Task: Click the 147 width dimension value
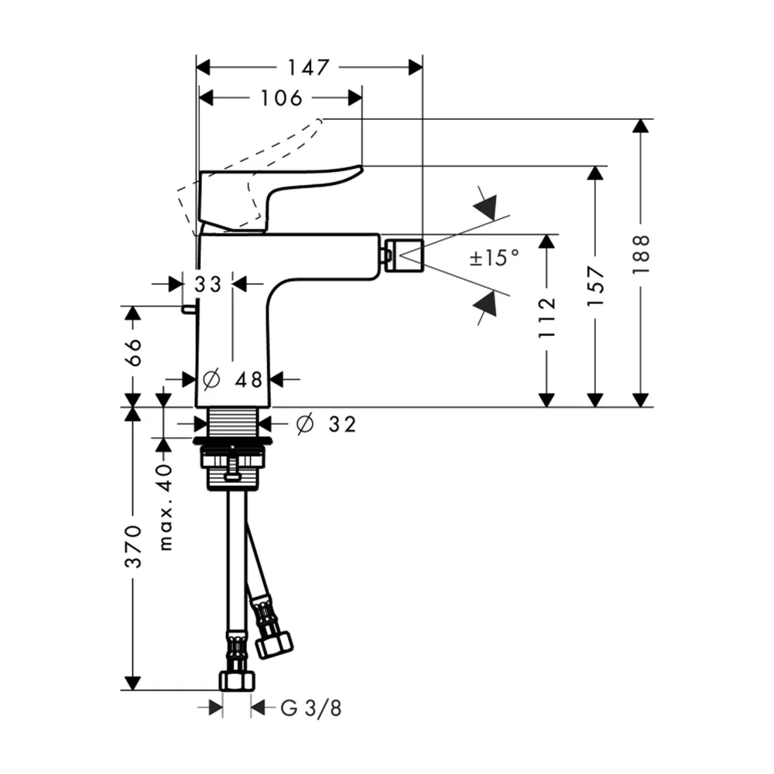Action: [x=308, y=67]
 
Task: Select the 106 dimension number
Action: [x=281, y=98]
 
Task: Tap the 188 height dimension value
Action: [x=641, y=254]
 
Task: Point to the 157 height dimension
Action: [x=596, y=286]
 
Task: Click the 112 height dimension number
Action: [x=547, y=318]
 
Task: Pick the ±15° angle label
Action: [x=494, y=258]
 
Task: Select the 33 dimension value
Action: [x=207, y=284]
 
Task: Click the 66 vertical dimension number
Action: [x=132, y=352]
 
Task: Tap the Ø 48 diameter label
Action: [x=232, y=379]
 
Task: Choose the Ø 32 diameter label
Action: [x=326, y=424]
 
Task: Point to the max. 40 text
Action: [x=166, y=508]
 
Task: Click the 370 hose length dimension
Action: [x=132, y=547]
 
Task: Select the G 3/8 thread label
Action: [x=310, y=709]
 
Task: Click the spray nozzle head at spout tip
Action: [x=404, y=255]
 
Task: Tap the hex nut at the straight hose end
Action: [x=237, y=680]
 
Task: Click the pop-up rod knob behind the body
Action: [x=188, y=309]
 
